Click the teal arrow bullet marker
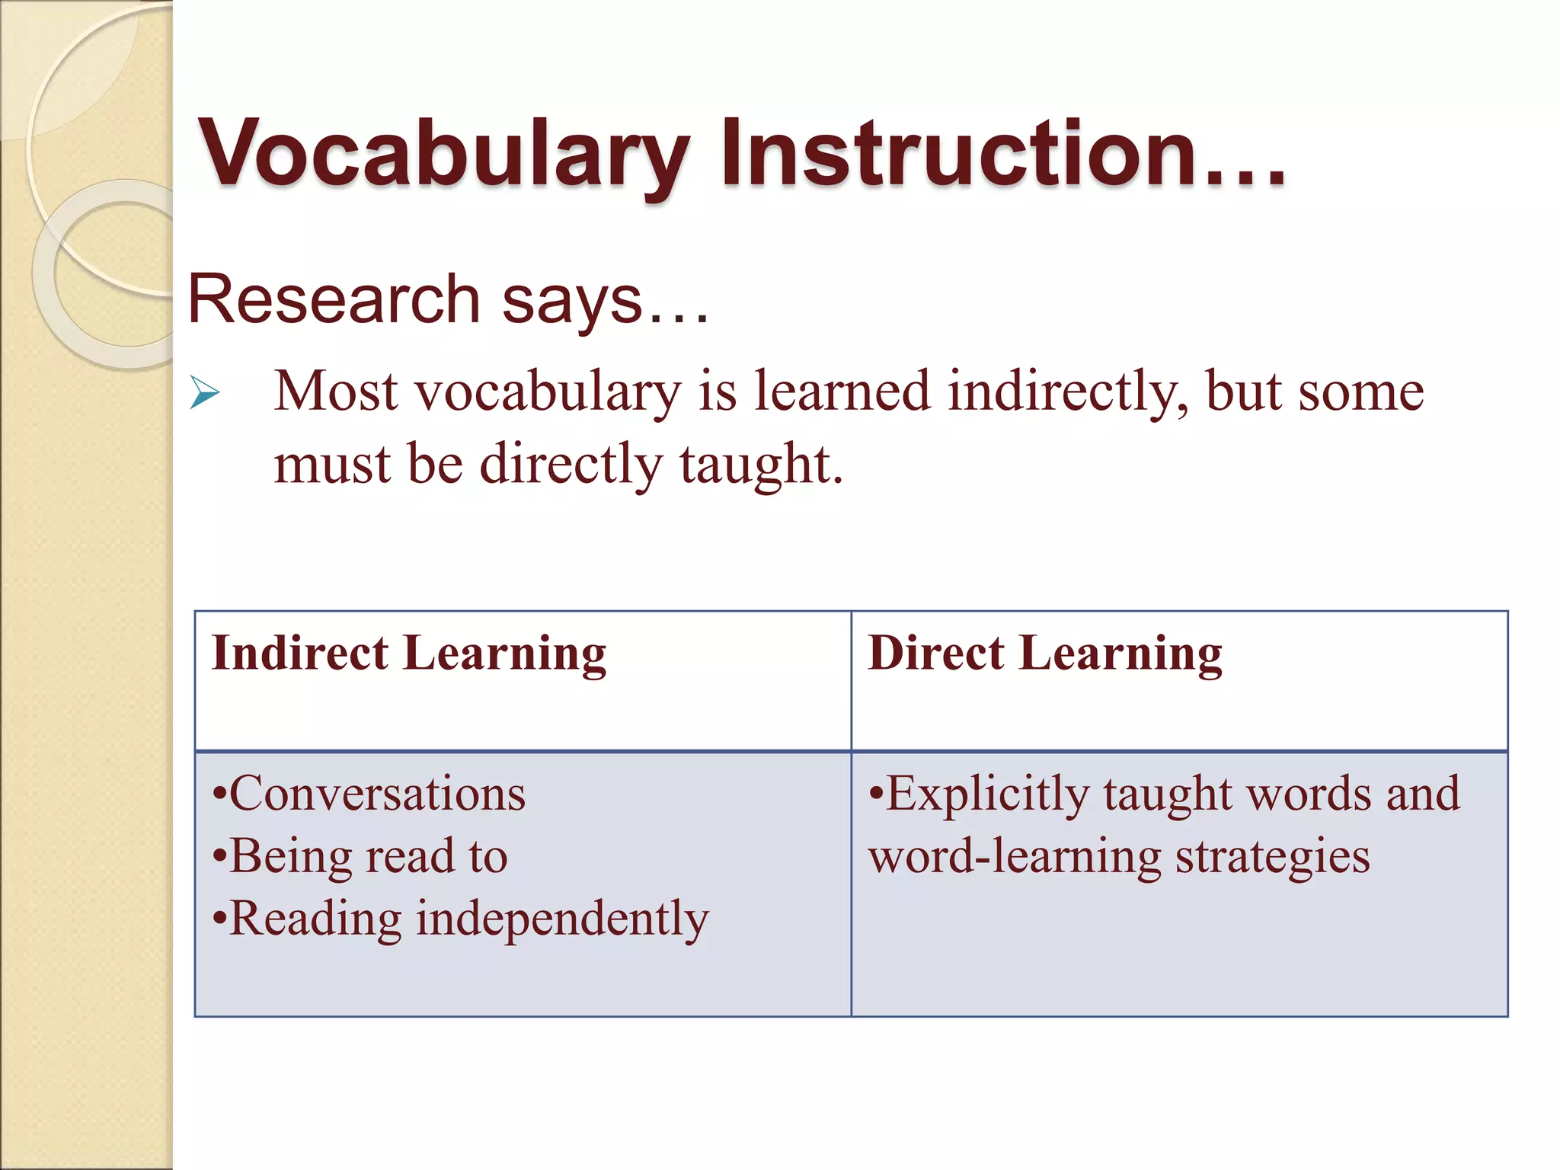[x=204, y=393]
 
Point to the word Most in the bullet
[x=336, y=391]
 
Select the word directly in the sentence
[x=571, y=464]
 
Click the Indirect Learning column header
[x=409, y=654]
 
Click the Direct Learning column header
[x=1044, y=654]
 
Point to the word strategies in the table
[x=1272, y=856]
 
